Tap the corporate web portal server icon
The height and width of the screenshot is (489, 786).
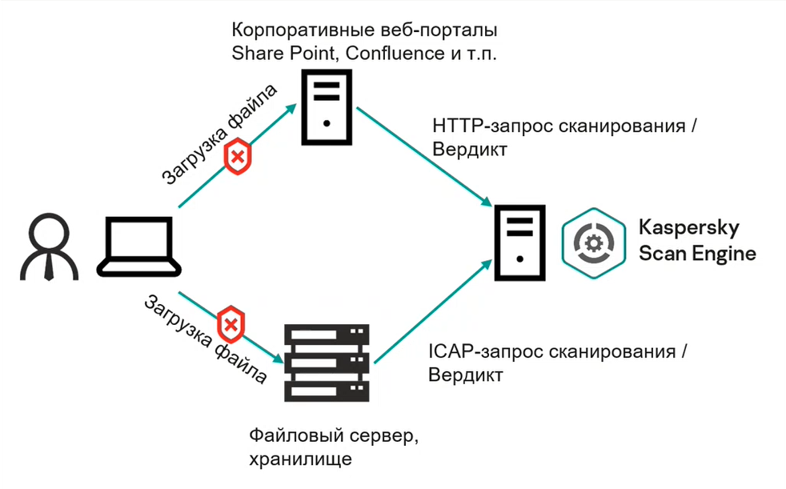(x=325, y=106)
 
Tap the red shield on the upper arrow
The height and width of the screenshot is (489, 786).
(x=238, y=157)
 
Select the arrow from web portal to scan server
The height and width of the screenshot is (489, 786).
(x=423, y=155)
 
